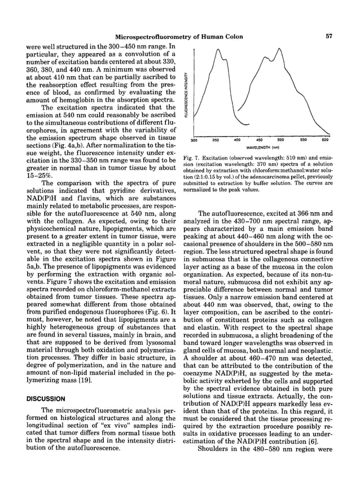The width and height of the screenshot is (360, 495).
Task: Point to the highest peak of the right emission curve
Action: (278, 49)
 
